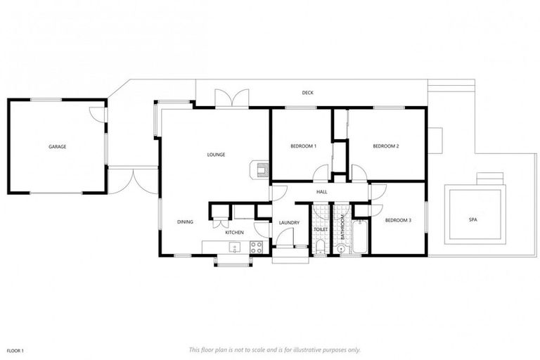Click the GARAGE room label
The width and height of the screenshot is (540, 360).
57,147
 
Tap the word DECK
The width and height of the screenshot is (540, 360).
307,92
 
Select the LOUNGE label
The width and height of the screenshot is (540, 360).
216,154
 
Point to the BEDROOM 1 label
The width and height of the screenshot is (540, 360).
304,146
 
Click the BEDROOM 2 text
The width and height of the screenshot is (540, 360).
386,146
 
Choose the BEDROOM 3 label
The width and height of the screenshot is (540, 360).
398,221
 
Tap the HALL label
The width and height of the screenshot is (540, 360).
321,191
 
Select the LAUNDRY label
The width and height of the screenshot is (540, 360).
289,223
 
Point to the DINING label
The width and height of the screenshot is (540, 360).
185,222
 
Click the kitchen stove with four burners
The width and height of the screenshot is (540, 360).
256,247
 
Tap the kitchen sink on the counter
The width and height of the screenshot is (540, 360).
235,247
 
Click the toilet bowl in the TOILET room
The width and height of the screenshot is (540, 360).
320,245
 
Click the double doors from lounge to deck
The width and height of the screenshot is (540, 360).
231,99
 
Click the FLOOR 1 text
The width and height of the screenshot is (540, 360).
15,349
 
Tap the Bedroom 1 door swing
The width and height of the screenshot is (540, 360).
321,173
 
